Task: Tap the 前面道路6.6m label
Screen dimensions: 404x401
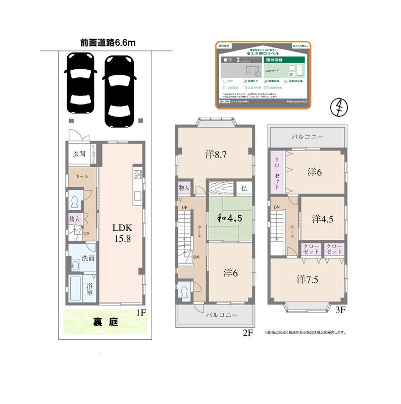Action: tap(107, 43)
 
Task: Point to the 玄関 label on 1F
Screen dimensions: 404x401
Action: tap(79, 154)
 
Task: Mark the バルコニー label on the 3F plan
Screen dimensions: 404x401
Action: tap(307, 136)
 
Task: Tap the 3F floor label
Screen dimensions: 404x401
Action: tap(340, 310)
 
